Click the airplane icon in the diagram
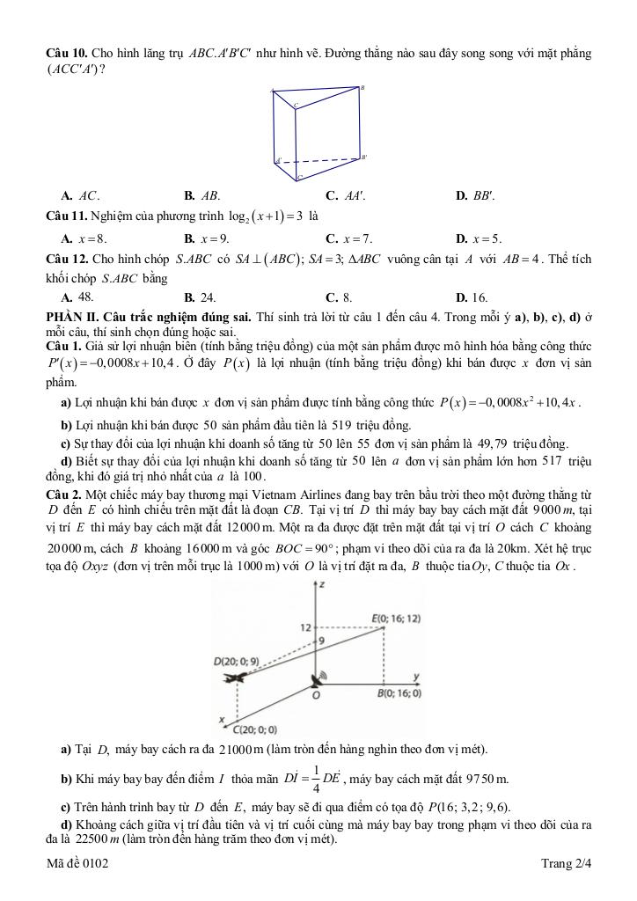[233, 677]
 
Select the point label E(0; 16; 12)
[397, 619]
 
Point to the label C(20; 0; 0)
[255, 729]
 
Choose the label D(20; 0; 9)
[236, 661]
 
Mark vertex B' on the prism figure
[363, 157]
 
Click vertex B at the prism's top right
[362, 88]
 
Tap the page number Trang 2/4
[566, 864]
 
